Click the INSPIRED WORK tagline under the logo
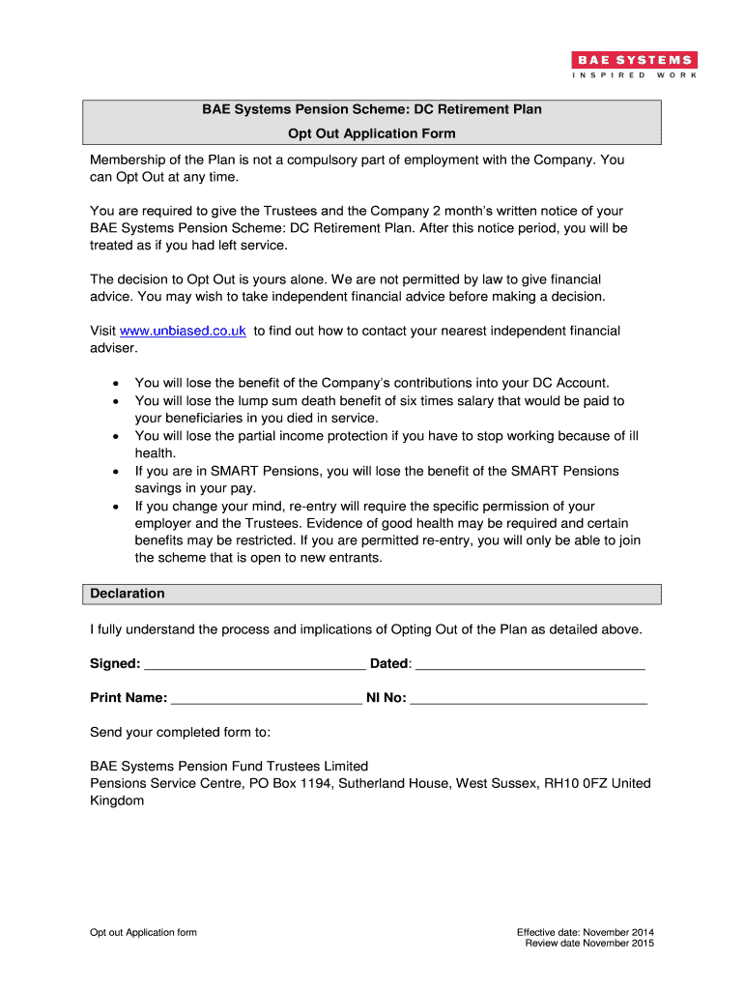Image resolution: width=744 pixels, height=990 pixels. [x=635, y=75]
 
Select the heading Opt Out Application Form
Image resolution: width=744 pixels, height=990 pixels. [x=371, y=133]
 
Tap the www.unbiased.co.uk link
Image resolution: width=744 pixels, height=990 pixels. [x=183, y=331]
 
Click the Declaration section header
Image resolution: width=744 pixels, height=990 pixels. [x=128, y=594]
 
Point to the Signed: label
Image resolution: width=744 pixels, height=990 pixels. [x=115, y=664]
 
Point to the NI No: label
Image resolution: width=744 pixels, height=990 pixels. [x=386, y=698]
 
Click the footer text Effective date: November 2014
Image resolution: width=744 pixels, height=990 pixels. [x=586, y=932]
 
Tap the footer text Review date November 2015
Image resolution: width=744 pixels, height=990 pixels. [x=589, y=944]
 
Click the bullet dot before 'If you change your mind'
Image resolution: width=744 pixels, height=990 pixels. [x=116, y=507]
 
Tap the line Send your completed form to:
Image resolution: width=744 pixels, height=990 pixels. [x=180, y=732]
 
